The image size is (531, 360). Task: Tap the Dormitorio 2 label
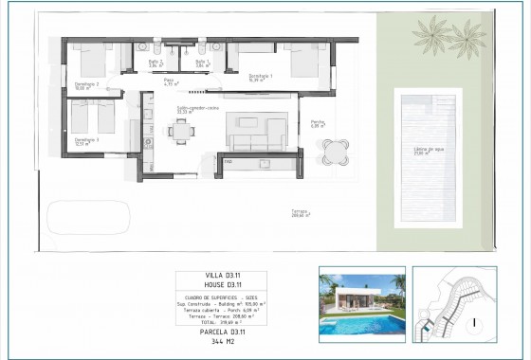(86, 85)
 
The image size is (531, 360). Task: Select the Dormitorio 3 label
(86, 142)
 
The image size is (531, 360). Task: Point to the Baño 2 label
(156, 63)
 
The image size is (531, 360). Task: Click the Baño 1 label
(201, 63)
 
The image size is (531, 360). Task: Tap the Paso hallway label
(169, 82)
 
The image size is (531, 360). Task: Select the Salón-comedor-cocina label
(198, 109)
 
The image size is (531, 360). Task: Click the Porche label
(318, 122)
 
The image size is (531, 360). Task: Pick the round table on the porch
(335, 152)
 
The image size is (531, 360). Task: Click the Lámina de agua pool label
(429, 151)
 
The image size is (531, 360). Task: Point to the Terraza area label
(302, 214)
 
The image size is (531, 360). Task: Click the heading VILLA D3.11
(221, 276)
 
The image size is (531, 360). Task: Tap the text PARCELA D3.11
(221, 332)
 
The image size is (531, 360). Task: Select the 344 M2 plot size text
(221, 341)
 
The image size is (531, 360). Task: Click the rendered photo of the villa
(361, 303)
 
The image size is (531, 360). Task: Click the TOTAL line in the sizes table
(221, 321)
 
